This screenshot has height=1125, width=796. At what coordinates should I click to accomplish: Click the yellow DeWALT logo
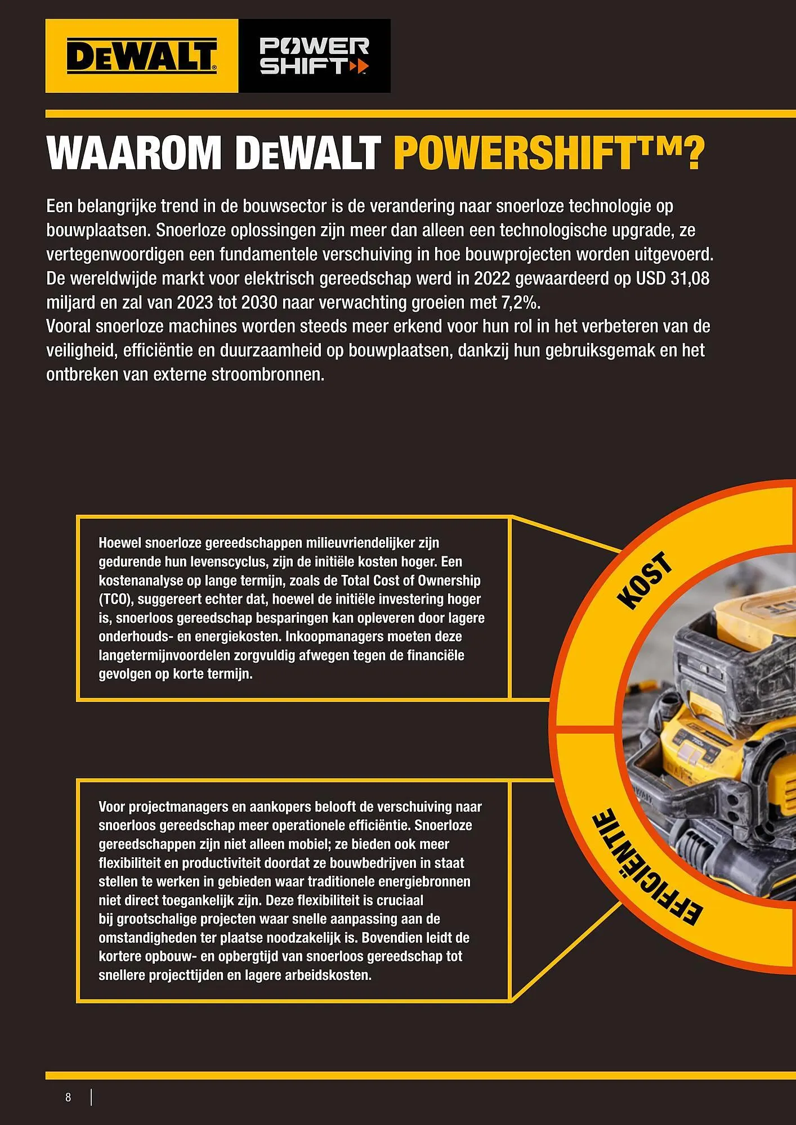(x=141, y=56)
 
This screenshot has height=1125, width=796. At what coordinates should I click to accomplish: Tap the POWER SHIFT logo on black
(x=314, y=56)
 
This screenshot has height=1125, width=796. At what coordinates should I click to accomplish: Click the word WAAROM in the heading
(x=134, y=153)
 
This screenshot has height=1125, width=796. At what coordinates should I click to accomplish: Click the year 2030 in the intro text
(x=260, y=303)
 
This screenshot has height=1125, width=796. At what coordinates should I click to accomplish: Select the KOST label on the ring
(x=645, y=580)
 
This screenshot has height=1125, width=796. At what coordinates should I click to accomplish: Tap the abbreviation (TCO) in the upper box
(x=115, y=599)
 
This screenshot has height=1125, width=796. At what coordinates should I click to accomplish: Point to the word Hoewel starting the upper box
(x=120, y=543)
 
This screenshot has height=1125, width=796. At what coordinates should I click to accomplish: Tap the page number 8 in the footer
(x=68, y=1097)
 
